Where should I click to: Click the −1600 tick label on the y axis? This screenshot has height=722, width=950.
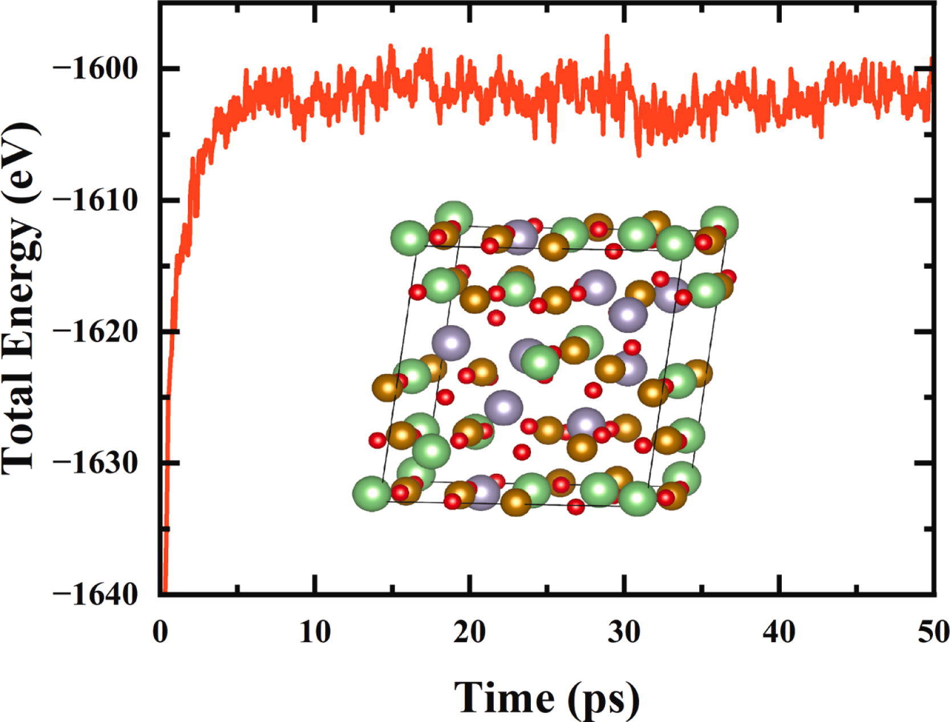point(96,68)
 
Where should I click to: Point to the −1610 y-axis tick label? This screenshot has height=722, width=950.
point(96,200)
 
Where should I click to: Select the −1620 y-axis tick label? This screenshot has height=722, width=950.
point(96,331)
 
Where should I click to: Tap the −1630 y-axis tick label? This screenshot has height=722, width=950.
point(96,463)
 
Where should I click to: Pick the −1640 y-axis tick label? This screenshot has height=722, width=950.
point(96,594)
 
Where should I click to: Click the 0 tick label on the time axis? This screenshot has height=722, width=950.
point(160,632)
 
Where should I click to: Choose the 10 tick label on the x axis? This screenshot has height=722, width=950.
point(315,632)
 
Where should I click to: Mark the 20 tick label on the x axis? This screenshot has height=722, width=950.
point(469,632)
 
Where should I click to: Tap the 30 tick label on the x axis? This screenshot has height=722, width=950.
point(624,632)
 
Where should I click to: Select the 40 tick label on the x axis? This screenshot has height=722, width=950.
point(779,632)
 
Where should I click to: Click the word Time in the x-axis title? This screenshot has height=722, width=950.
point(505,697)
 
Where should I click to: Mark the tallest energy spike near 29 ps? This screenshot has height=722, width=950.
point(607,36)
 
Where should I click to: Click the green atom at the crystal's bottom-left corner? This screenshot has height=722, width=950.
point(372,494)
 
